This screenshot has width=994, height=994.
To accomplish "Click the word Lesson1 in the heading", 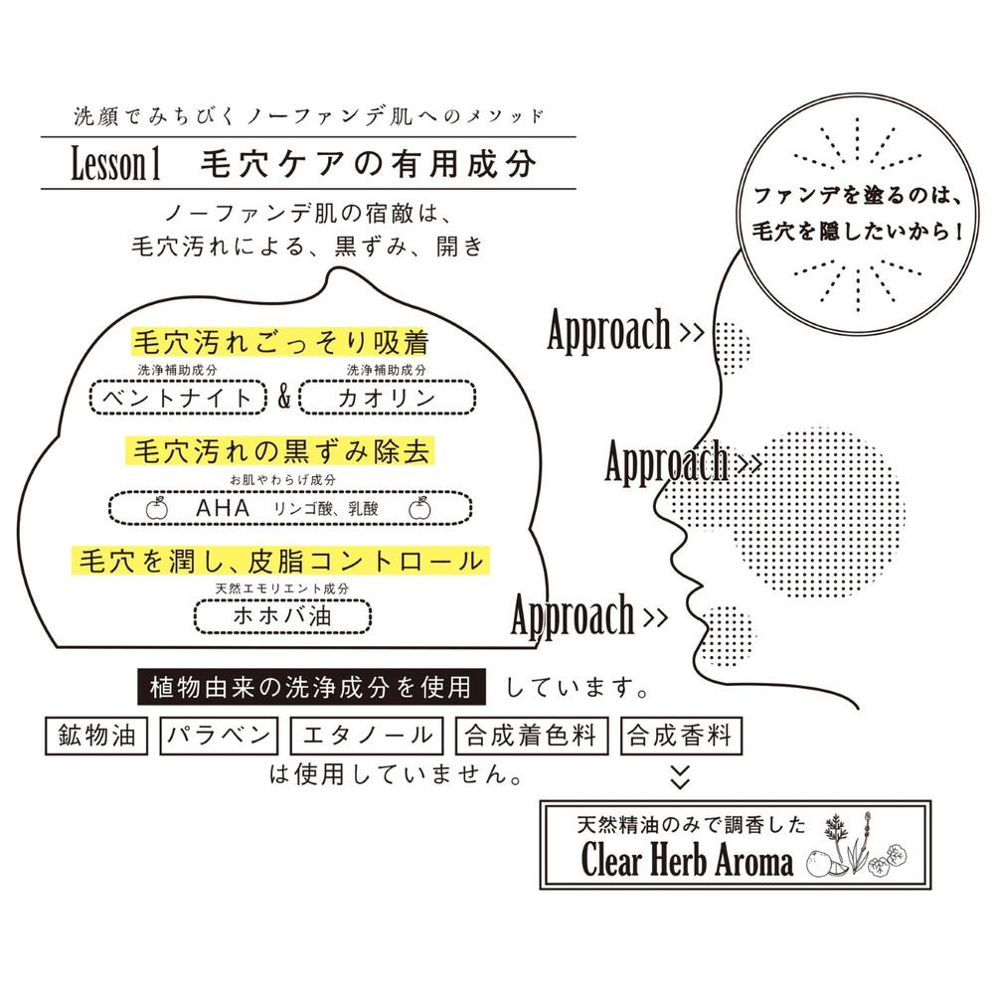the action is coord(115,164).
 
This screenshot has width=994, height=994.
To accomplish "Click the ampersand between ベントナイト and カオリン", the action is coord(283,398).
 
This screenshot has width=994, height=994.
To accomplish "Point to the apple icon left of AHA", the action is coord(157,508).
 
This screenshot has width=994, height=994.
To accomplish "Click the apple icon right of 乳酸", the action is coord(419,508).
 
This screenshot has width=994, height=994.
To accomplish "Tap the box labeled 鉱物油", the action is coord(96,736).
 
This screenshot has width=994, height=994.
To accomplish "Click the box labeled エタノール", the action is coord(367,736).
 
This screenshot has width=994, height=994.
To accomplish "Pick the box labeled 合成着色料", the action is coord(532,736).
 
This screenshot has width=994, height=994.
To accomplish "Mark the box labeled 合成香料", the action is coord(681,736).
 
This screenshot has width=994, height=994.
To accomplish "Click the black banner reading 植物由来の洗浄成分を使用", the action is coord(312,687).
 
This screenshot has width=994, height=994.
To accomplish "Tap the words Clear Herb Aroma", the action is coord(687,861).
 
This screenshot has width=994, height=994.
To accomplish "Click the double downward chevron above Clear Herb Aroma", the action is coord(680,776).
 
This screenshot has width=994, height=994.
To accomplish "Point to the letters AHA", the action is coord(223,508).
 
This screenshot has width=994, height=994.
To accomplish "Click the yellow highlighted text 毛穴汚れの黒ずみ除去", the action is coord(281,451).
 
